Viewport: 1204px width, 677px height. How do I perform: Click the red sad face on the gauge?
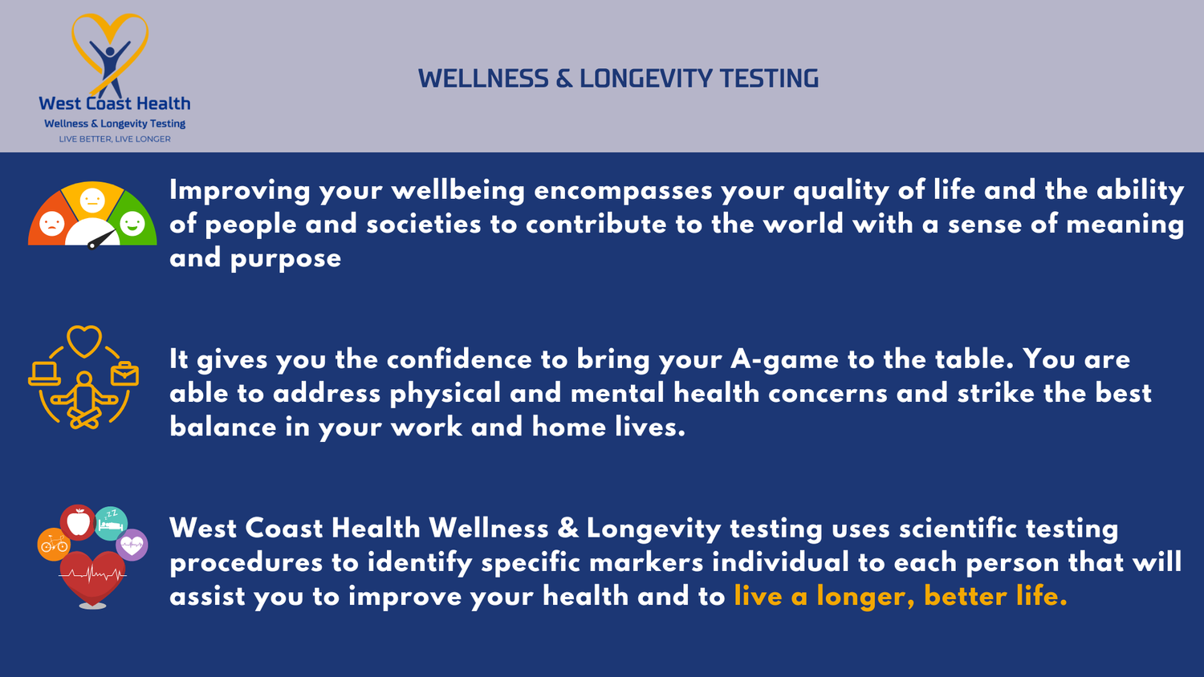[x=51, y=221]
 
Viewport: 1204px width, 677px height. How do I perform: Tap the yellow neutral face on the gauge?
[x=92, y=199]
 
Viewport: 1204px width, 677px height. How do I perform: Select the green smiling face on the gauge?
[x=132, y=222]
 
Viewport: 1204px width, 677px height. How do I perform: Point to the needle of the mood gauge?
[x=101, y=239]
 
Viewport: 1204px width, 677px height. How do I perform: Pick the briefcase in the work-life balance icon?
[x=124, y=374]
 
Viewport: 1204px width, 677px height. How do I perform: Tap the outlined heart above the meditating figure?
[x=84, y=341]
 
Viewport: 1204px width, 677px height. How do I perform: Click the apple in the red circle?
[x=79, y=522]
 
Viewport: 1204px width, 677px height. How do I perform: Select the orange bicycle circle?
[x=54, y=545]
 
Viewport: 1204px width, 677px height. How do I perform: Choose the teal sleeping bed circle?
[x=111, y=523]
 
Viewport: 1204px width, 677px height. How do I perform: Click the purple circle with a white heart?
[x=132, y=545]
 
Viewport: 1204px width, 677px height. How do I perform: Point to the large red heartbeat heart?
[x=93, y=576]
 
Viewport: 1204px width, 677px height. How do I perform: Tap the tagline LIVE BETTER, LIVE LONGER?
[x=115, y=139]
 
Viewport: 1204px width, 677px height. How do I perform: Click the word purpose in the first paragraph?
[x=286, y=258]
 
